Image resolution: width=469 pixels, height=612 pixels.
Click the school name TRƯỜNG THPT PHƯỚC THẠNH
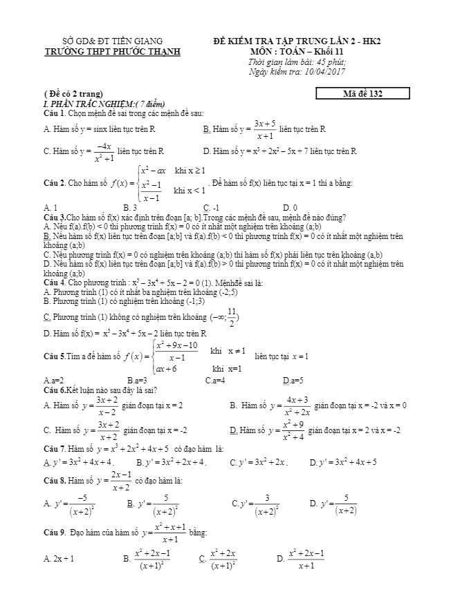[x=111, y=51]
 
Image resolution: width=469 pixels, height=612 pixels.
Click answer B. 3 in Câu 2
[x=130, y=207]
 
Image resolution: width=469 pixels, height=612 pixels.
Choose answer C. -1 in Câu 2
[x=211, y=207]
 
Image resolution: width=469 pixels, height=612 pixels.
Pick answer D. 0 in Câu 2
[x=291, y=207]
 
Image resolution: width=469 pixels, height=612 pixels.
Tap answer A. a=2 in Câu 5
[x=53, y=380]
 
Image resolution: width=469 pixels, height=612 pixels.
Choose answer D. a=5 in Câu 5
[x=293, y=380]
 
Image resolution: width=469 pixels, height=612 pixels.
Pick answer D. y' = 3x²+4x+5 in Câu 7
[x=343, y=462]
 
